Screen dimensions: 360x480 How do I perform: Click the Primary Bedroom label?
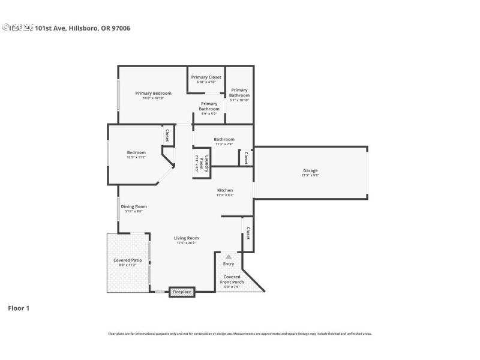pyautogui.click(x=153, y=93)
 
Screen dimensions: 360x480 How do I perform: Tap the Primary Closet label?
pyautogui.click(x=206, y=77)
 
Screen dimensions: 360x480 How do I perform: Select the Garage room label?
pyautogui.click(x=310, y=171)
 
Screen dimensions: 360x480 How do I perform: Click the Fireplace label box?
pyautogui.click(x=182, y=292)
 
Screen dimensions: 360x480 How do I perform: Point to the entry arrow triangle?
pyautogui.click(x=228, y=256)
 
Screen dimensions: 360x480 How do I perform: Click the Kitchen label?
pyautogui.click(x=225, y=190)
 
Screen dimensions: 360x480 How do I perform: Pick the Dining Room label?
pyautogui.click(x=133, y=206)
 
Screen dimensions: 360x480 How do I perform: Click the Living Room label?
pyautogui.click(x=187, y=238)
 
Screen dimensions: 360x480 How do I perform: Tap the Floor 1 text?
pyautogui.click(x=18, y=308)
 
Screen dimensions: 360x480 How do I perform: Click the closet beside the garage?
pyautogui.click(x=246, y=158)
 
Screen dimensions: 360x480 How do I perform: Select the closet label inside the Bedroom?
pyautogui.click(x=167, y=136)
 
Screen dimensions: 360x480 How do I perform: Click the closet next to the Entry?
pyautogui.click(x=247, y=232)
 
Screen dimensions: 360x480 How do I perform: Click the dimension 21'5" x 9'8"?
pyautogui.click(x=310, y=176)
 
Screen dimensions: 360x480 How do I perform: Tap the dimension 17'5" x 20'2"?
pyautogui.click(x=187, y=243)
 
